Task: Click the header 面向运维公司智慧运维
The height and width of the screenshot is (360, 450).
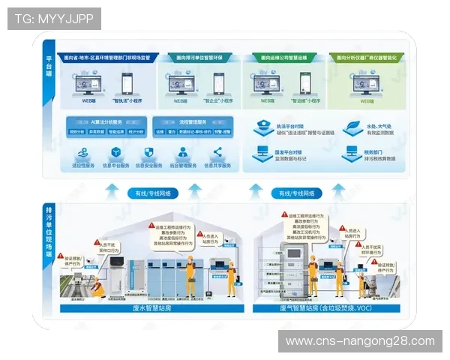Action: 284,57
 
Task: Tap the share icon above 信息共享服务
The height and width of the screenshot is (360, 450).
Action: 217,153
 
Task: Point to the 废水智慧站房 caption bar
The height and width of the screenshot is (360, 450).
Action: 151,307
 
